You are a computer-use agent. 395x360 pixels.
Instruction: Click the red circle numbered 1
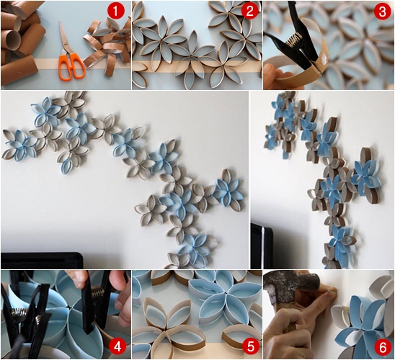click(x=115, y=12)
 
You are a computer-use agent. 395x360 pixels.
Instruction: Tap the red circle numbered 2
click(x=249, y=12)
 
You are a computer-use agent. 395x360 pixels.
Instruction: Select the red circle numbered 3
click(x=382, y=12)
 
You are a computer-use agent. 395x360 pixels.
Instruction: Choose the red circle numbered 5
click(x=250, y=348)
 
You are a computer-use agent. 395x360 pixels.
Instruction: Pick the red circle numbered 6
click(x=383, y=348)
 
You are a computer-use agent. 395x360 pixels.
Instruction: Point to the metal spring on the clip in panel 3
click(x=293, y=41)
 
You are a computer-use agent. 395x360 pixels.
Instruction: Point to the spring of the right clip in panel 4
click(x=97, y=294)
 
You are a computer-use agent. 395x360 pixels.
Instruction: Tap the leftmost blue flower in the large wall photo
click(x=21, y=145)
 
